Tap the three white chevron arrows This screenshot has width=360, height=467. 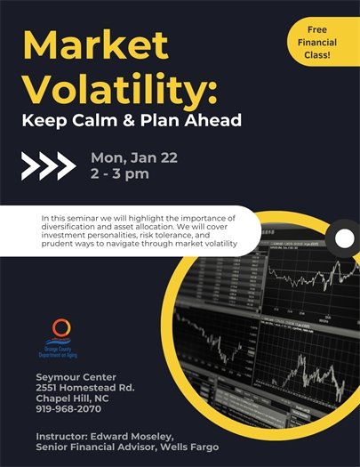tap(47, 165)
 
